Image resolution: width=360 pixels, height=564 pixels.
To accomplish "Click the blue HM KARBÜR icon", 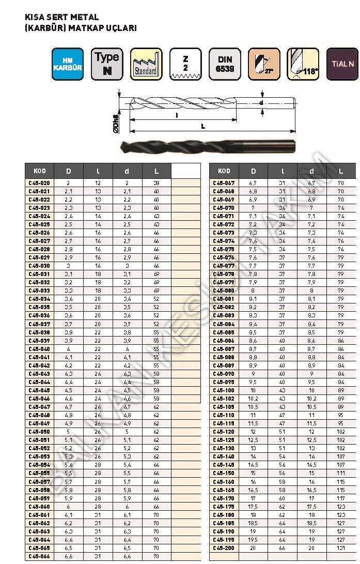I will [67, 64].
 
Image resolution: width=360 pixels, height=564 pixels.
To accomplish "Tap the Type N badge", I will [107, 64].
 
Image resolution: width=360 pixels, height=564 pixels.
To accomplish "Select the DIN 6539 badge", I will [225, 64].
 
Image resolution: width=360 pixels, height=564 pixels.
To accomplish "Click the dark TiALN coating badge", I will [342, 64].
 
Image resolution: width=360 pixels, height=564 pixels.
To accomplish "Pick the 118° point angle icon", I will [303, 64].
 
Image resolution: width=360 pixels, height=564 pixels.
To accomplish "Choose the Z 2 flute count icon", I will [185, 64].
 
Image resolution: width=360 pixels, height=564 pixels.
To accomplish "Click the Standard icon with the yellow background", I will [146, 64].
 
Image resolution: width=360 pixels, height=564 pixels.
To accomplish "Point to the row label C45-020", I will [39, 183].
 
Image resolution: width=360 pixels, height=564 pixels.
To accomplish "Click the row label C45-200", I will [224, 548].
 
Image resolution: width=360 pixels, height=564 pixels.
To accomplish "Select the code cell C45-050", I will [39, 432].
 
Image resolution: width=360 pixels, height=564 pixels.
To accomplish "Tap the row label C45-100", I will [224, 390].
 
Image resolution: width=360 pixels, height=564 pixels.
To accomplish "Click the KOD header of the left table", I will [39, 171].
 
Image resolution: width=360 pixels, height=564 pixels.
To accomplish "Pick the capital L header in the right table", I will [341, 171].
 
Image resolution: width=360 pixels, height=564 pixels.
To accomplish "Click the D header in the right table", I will [253, 171].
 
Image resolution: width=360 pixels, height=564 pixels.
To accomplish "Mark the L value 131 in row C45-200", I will [341, 548].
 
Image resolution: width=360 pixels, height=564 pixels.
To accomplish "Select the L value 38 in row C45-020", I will [156, 183].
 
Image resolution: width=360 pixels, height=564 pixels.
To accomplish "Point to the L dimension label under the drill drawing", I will [202, 126].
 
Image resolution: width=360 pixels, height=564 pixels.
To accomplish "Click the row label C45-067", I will [224, 183].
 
